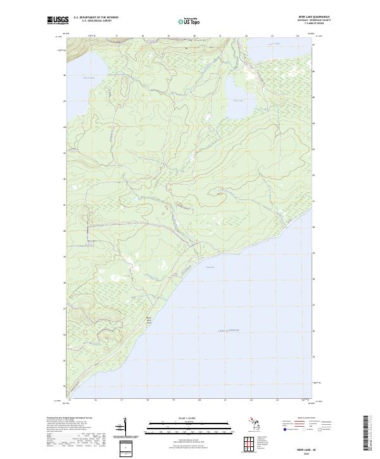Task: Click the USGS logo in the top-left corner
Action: pos(58,20)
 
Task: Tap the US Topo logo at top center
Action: pos(189,22)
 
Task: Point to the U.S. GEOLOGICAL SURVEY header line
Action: pos(96,21)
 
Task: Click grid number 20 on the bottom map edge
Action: pos(199,399)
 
